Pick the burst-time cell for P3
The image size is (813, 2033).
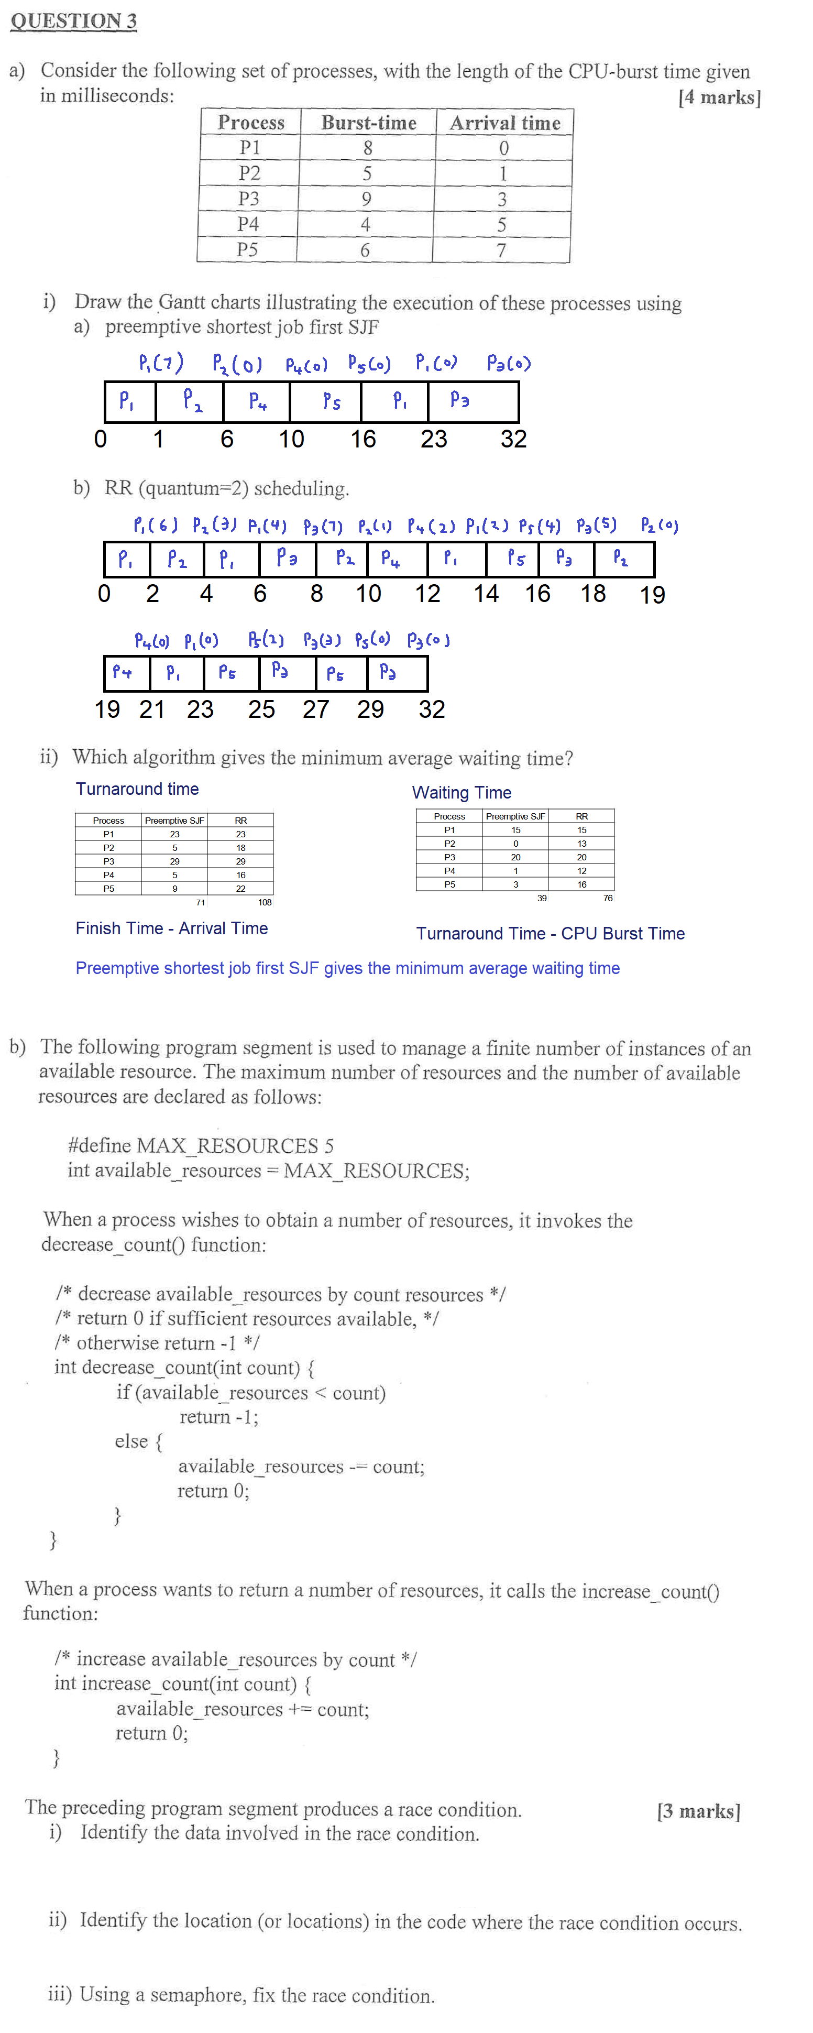366,199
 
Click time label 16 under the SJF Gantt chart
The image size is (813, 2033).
363,439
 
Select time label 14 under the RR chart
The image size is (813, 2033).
486,594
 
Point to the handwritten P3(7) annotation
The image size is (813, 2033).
323,526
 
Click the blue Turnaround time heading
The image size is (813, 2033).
137,789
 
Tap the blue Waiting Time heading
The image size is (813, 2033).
461,792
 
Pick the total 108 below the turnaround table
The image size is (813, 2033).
265,902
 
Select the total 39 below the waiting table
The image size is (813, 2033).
542,898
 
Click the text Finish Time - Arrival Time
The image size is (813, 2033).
171,928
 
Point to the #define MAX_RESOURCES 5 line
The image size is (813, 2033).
201,1145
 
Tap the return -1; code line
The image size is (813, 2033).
218,1417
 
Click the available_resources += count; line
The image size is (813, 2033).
243,1709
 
